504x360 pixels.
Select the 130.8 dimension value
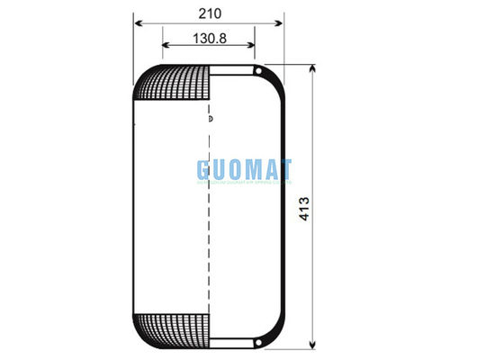(209, 39)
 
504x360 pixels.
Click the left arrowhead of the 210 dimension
(136, 24)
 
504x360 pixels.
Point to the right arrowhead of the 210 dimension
(282, 24)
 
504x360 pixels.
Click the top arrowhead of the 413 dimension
(312, 68)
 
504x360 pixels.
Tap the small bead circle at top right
(257, 71)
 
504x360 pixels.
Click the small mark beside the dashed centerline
(211, 118)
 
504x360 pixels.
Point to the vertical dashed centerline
(209, 225)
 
